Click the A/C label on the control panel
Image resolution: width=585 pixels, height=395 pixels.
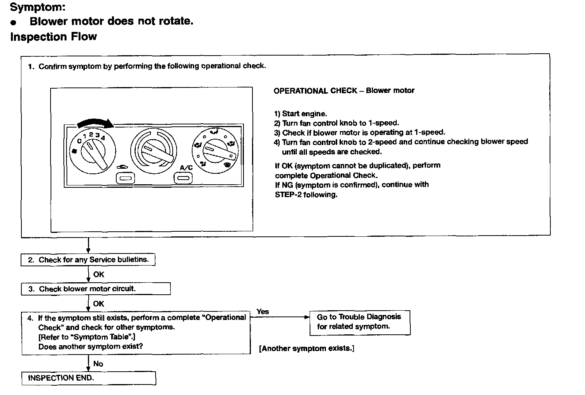pyautogui.click(x=186, y=168)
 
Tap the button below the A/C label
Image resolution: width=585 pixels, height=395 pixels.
pyautogui.click(x=182, y=178)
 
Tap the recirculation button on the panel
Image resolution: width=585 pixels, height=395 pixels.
pyautogui.click(x=125, y=178)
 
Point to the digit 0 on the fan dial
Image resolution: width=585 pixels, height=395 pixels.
pyautogui.click(x=79, y=141)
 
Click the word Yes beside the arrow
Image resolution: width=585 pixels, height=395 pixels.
pyautogui.click(x=263, y=311)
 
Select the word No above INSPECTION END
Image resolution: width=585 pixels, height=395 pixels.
pyautogui.click(x=98, y=364)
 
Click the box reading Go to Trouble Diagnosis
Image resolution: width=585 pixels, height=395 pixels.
pyautogui.click(x=359, y=322)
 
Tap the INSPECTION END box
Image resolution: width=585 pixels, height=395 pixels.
pyautogui.click(x=89, y=378)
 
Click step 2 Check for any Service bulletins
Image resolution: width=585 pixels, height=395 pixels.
pyautogui.click(x=88, y=260)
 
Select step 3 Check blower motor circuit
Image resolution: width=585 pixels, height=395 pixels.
pyautogui.click(x=95, y=289)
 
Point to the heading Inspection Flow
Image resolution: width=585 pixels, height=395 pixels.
pyautogui.click(x=53, y=37)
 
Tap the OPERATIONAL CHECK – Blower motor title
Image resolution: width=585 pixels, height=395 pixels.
pyautogui.click(x=344, y=91)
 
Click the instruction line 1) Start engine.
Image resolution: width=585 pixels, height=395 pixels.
pyautogui.click(x=300, y=114)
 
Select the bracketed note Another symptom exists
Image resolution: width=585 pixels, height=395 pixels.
pyautogui.click(x=307, y=348)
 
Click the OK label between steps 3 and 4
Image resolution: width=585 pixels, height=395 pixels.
pyautogui.click(x=98, y=304)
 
